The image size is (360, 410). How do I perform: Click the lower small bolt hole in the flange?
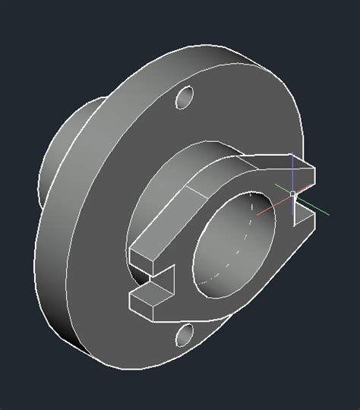185,334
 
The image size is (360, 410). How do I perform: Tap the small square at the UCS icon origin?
292,194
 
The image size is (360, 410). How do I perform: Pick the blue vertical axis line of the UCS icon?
292,171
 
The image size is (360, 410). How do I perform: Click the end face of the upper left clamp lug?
142,261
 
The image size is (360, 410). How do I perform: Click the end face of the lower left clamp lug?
144,308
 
